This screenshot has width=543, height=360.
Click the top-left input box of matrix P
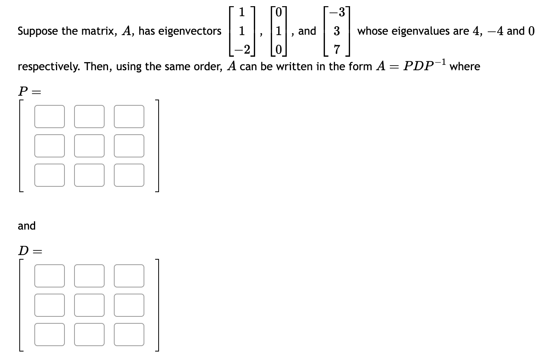(x=49, y=117)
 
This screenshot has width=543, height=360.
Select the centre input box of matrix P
(x=89, y=146)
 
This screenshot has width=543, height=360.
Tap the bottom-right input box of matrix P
(x=129, y=175)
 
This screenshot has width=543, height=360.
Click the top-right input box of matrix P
(x=129, y=117)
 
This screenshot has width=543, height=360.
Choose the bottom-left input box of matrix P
(x=49, y=175)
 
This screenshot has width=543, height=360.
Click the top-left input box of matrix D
(x=49, y=276)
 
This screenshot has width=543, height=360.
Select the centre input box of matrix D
(x=89, y=305)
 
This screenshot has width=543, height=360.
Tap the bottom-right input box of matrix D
(x=129, y=334)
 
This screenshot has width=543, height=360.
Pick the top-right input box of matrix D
(x=129, y=276)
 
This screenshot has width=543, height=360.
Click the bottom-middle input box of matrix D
(x=89, y=334)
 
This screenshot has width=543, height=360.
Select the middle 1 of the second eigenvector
(x=278, y=31)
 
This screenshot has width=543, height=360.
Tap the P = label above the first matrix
(x=29, y=91)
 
